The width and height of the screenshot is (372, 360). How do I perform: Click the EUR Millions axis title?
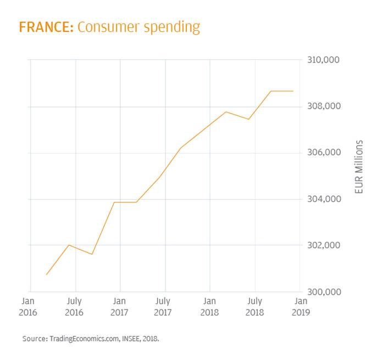[359, 167]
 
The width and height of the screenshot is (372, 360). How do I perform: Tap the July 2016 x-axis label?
[74, 307]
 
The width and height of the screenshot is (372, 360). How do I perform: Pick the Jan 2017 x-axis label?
[119, 307]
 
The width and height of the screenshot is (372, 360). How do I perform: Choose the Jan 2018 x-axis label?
[209, 307]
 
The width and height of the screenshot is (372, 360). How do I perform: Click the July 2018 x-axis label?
[254, 307]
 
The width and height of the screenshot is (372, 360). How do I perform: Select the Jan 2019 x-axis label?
[301, 307]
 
